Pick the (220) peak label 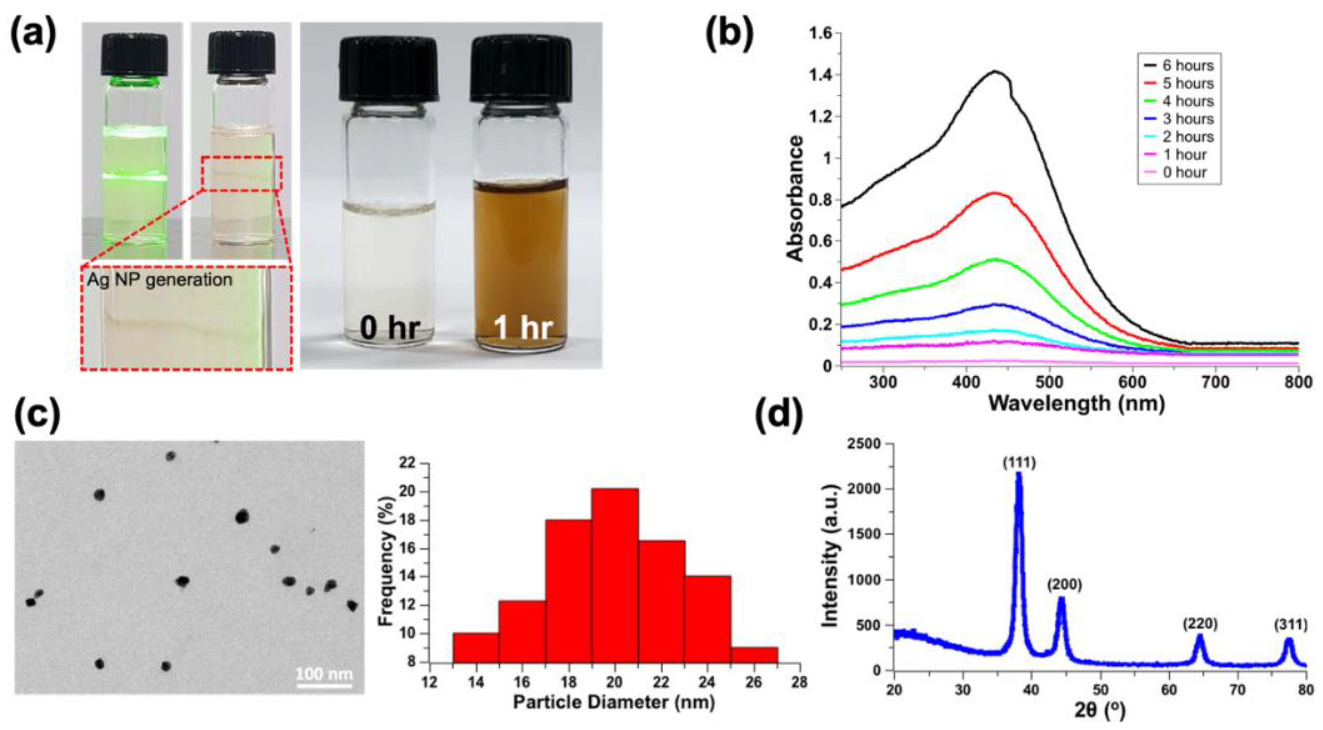click(x=1200, y=624)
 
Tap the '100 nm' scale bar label click(x=324, y=673)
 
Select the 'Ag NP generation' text click(x=159, y=280)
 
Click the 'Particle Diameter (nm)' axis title click(x=614, y=702)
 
